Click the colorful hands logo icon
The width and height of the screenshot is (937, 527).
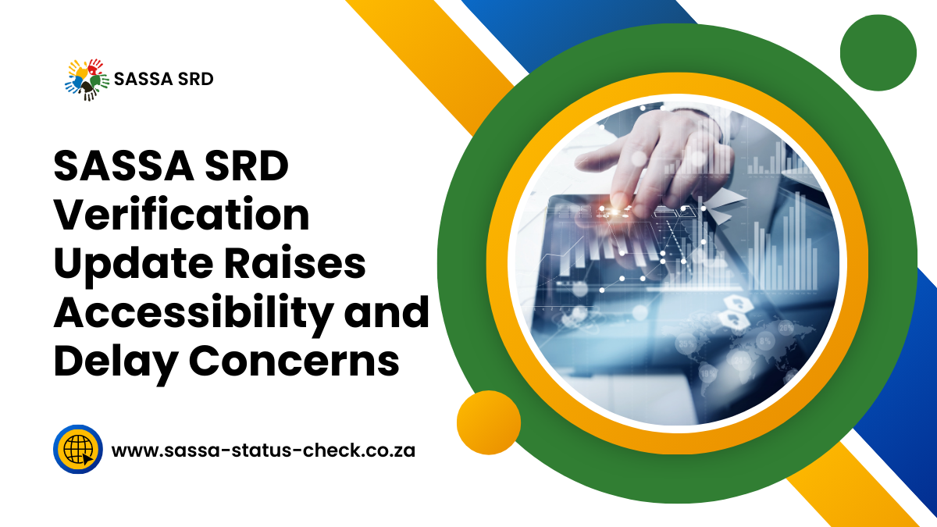87,80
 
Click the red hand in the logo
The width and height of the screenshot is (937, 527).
95,66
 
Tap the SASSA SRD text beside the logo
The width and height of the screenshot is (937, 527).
163,79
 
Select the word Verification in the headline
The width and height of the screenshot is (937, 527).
181,215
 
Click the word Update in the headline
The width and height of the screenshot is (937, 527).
133,265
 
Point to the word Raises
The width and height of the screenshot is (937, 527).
295,264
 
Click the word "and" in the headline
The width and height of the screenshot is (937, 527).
387,312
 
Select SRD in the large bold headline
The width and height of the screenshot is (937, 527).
247,166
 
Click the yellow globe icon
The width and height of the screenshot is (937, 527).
78,449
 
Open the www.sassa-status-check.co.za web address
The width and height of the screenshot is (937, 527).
263,450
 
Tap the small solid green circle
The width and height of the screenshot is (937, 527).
878,53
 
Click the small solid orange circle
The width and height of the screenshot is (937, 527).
489,422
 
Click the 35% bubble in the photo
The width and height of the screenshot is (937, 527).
686,344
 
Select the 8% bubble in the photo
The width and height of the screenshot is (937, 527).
765,341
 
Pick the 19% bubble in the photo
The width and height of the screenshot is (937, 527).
707,372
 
